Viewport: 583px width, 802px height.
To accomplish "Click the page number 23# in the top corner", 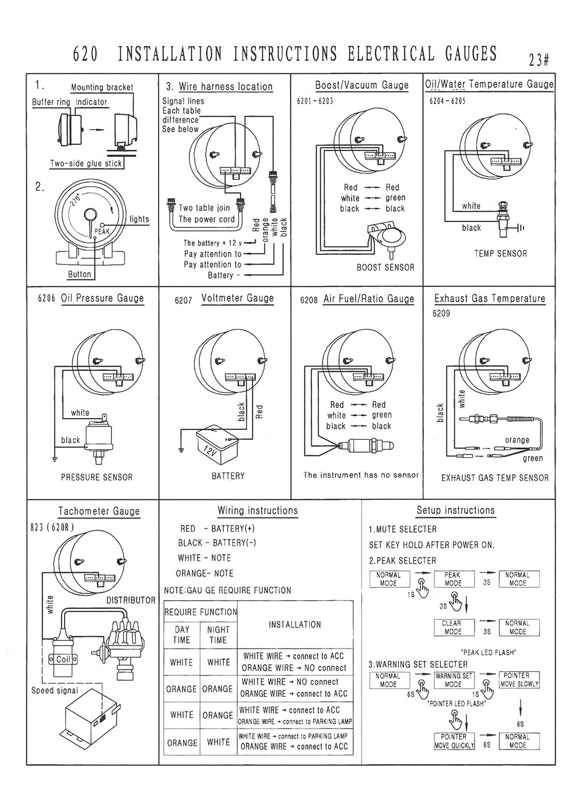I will tap(540, 60).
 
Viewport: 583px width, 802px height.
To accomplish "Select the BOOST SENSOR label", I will tap(385, 267).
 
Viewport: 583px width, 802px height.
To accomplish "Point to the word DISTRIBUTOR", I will tap(131, 600).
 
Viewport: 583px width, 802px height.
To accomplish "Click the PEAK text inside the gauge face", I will tap(101, 231).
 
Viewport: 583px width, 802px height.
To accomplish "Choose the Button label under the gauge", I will tap(79, 274).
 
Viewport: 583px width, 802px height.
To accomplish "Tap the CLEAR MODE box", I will tap(452, 628).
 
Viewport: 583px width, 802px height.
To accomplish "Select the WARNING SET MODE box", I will tap(454, 680).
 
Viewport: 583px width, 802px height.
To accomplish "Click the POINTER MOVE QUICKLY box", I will tap(454, 741).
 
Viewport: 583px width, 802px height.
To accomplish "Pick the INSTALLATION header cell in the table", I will tap(295, 625).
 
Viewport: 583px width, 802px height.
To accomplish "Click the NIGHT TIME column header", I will tap(218, 635).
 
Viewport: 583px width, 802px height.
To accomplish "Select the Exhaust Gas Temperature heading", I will tap(490, 299).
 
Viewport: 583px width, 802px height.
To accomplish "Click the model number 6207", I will tap(183, 300).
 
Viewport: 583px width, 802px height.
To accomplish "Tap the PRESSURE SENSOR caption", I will tap(97, 477).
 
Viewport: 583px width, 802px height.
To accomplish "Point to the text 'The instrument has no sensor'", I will tap(361, 475).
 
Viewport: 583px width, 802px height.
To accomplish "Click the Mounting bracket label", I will tap(102, 87).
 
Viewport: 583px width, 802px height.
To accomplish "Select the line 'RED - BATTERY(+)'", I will tap(217, 528).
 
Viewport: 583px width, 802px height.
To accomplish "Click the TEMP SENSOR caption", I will tap(500, 254).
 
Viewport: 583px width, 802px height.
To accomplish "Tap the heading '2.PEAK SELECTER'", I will tap(402, 561).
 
